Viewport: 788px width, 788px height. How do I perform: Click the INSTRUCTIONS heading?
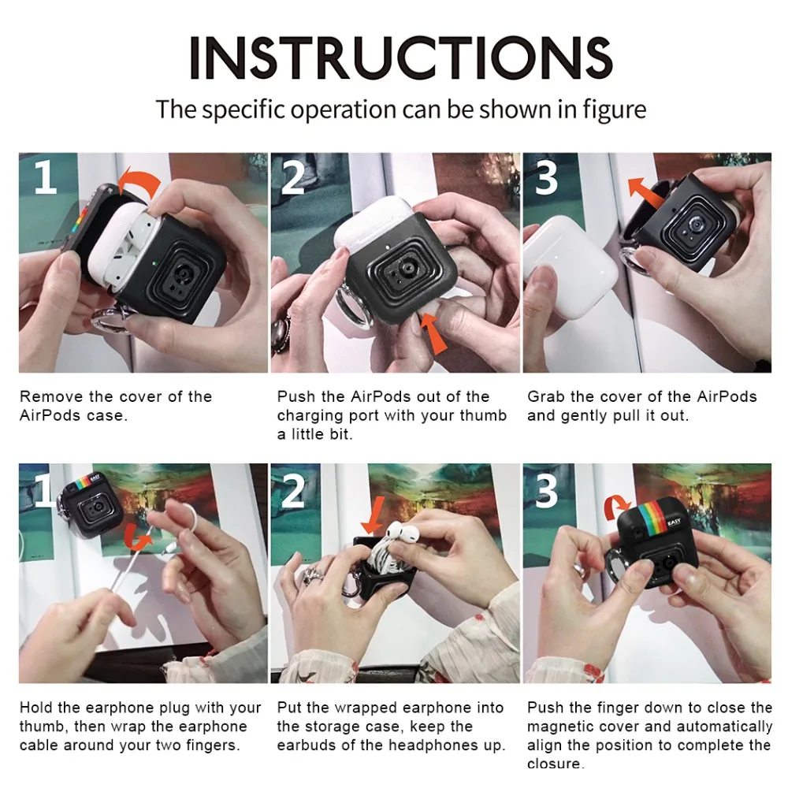(400, 58)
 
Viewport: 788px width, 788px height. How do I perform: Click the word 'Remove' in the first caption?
(51, 396)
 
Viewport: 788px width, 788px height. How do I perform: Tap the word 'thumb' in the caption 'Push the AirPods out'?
(481, 416)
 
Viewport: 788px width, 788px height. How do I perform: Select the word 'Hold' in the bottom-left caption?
(36, 708)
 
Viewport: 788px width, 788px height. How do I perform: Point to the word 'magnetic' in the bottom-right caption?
(559, 727)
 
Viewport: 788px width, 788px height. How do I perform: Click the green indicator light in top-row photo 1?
(154, 263)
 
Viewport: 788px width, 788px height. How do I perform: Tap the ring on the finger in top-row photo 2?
(280, 332)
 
